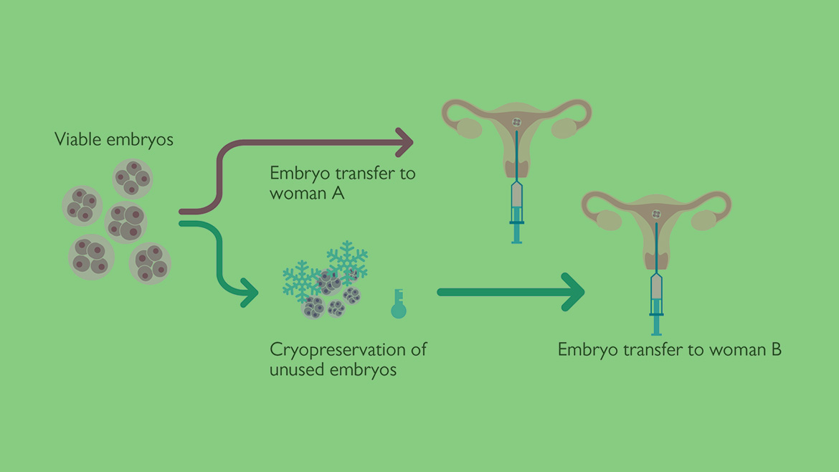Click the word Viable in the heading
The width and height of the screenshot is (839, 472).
(78, 139)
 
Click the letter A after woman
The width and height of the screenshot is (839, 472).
(338, 193)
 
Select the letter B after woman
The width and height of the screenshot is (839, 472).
(776, 349)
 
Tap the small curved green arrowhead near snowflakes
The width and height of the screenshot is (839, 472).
(250, 293)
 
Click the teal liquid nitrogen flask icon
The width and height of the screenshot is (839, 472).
(399, 304)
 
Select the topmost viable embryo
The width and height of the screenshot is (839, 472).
(132, 179)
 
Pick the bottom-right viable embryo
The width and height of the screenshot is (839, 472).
(150, 263)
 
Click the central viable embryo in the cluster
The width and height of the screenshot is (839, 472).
(125, 222)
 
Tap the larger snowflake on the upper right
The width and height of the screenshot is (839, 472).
(348, 260)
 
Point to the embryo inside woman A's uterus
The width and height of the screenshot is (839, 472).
(517, 122)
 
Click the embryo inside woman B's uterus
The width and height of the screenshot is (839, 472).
(657, 214)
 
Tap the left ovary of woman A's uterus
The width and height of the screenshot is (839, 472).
(469, 128)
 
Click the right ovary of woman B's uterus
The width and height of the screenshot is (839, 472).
(703, 220)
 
